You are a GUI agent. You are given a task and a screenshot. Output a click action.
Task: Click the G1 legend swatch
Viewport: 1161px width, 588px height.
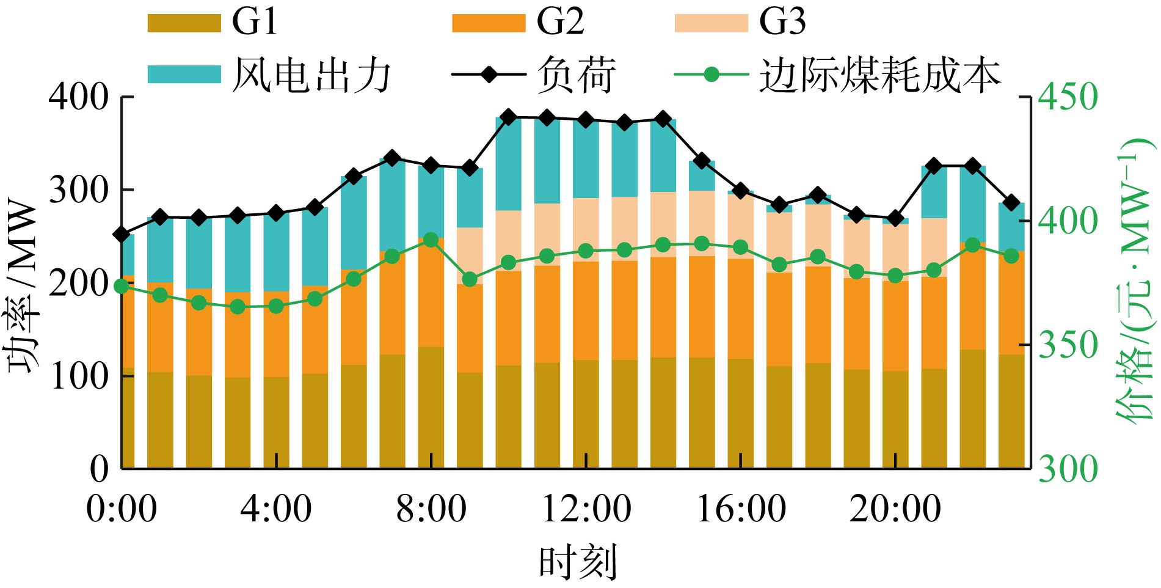[x=184, y=23]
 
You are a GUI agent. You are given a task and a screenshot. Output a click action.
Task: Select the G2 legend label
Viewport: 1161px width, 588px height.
[x=560, y=22]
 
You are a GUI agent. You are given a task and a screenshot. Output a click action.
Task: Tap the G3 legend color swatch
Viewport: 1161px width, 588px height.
[x=711, y=23]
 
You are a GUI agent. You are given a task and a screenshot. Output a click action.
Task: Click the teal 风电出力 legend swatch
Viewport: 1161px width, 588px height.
[x=184, y=75]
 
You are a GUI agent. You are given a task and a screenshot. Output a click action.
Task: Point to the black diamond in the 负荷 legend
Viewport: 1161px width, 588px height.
[x=489, y=75]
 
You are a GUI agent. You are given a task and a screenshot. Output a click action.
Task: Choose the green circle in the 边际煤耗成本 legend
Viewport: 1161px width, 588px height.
[x=711, y=75]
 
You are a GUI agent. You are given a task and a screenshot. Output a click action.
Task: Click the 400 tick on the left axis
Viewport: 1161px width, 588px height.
[x=79, y=97]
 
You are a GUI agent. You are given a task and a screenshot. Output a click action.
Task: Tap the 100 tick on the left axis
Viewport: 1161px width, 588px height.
[x=79, y=376]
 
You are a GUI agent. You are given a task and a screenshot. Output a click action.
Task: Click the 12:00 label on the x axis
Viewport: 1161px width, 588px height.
[x=586, y=509]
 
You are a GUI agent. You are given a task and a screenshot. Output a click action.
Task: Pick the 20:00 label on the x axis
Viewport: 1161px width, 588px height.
[x=895, y=509]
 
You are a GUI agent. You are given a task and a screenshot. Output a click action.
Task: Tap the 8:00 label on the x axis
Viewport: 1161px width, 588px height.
[x=431, y=509]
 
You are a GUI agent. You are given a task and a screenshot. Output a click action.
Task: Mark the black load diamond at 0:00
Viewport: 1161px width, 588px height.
[x=122, y=235]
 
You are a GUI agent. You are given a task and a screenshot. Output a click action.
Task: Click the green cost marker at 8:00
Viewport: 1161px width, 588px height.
[x=431, y=240]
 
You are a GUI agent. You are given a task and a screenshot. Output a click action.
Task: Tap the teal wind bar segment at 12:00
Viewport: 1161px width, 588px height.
[x=586, y=159]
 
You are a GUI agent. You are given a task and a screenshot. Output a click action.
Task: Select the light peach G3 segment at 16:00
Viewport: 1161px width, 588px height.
[x=740, y=226]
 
